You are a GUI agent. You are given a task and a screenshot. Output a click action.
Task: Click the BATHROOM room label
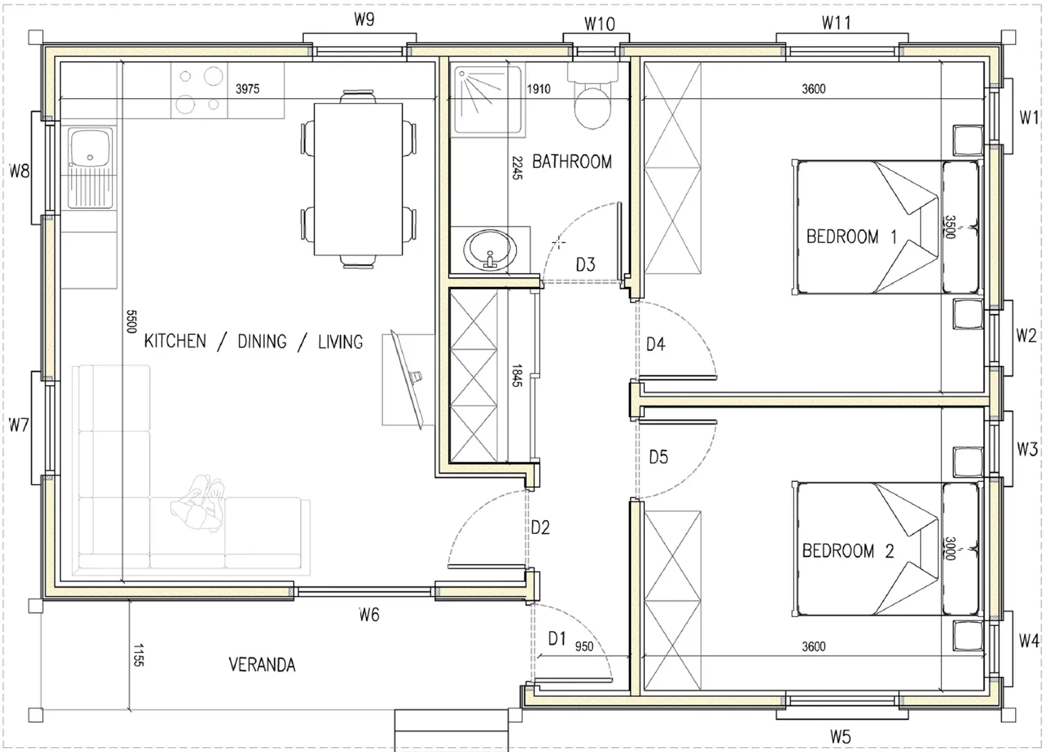coord(571,162)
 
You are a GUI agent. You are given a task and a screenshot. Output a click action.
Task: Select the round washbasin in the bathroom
coord(490,250)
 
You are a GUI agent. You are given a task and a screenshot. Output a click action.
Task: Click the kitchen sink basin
coord(90,148)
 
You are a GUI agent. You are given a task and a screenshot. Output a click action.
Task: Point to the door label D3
coord(586,265)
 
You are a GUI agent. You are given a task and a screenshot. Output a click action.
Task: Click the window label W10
coord(600,24)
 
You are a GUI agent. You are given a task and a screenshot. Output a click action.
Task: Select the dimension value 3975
coord(247,88)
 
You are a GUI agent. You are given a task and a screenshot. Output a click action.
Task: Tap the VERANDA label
coord(262,665)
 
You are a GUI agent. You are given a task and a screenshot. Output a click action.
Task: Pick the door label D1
coord(557,638)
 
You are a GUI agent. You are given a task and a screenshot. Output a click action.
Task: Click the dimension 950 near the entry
coord(584,646)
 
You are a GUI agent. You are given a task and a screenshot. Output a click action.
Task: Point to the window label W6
coord(369,615)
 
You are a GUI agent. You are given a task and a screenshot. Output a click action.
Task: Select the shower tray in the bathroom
coord(488,100)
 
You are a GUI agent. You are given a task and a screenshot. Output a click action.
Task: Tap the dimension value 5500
coord(131,322)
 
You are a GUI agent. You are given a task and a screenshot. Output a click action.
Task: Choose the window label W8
coord(19,171)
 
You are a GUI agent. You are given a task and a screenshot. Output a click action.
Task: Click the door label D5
coord(658,457)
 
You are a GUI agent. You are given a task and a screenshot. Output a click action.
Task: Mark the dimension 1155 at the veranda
coord(138,655)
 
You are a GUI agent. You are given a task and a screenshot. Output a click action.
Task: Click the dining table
coord(358,179)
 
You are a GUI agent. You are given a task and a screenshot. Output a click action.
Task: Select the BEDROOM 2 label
coord(847,551)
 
